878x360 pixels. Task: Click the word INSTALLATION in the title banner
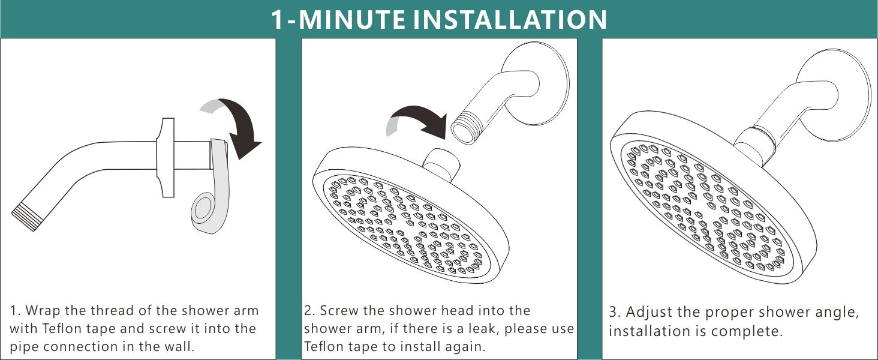pos(512,19)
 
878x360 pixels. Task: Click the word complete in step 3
pos(751,331)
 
